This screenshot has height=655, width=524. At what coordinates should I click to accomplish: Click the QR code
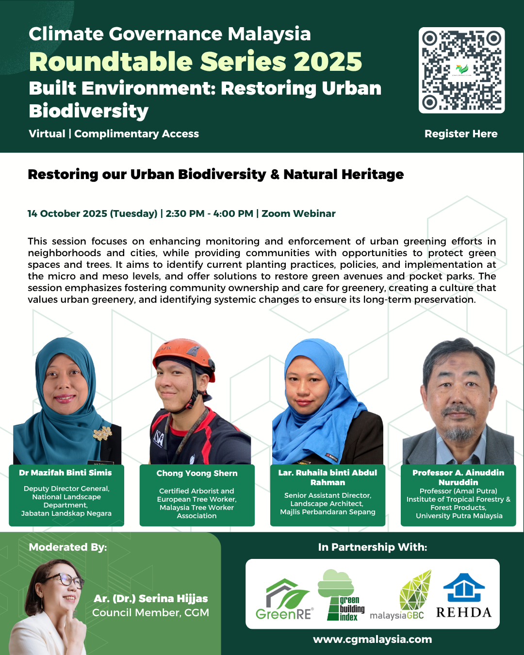(x=461, y=70)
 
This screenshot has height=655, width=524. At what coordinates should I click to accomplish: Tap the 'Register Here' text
(x=461, y=134)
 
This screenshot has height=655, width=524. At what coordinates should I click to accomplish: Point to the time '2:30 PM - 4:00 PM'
(x=209, y=213)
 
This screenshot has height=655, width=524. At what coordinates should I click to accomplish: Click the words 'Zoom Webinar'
(x=298, y=213)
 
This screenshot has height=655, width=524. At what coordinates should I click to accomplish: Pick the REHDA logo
(x=464, y=597)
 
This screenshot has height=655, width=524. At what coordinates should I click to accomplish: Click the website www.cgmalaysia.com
(x=372, y=639)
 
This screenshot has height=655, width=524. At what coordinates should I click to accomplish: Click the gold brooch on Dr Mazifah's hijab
(x=102, y=433)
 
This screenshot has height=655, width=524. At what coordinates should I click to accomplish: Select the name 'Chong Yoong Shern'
(x=197, y=473)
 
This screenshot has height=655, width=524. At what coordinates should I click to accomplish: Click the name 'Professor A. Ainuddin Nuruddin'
(x=458, y=477)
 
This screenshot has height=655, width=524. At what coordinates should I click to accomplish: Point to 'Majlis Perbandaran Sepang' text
(x=327, y=512)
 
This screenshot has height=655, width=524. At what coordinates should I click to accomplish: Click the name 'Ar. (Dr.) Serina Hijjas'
(x=151, y=599)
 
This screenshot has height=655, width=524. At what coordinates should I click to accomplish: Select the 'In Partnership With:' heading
(x=372, y=547)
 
